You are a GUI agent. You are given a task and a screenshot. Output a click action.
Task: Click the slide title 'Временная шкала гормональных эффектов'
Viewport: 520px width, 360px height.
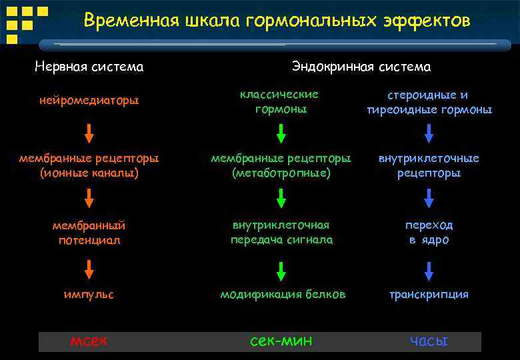(277, 21)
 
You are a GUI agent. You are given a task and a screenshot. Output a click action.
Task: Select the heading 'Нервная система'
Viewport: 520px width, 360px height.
(89, 67)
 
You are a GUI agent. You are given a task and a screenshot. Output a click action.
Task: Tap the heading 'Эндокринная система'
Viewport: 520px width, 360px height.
(361, 67)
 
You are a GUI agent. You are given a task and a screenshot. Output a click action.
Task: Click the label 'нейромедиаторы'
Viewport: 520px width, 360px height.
(89, 101)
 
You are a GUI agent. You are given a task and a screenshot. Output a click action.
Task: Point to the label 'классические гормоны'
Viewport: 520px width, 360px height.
(281, 101)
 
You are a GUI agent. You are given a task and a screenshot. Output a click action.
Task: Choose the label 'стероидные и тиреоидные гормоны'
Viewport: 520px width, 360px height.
(429, 102)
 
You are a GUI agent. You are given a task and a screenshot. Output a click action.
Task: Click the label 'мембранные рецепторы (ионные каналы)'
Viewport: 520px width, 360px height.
(89, 165)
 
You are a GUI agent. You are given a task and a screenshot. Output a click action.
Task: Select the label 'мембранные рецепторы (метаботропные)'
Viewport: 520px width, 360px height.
(281, 165)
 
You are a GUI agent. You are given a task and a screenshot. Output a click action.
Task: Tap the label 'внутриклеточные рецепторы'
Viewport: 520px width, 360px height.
(429, 165)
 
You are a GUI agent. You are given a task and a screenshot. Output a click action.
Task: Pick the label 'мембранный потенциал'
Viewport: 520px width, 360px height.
(89, 233)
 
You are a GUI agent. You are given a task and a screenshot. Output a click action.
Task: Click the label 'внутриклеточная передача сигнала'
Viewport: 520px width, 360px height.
(281, 232)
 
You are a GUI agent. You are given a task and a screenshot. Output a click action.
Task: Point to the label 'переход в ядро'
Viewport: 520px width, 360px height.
(429, 232)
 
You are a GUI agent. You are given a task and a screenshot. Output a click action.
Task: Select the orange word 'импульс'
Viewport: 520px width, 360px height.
(89, 294)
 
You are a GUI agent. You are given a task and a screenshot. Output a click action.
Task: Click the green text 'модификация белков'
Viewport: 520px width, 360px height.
(283, 294)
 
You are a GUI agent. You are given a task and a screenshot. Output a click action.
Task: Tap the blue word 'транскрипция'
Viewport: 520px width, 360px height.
(429, 294)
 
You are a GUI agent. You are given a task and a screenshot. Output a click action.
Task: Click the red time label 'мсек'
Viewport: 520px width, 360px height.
(89, 341)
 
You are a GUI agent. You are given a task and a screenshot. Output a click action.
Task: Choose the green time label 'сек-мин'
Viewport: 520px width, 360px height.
(281, 341)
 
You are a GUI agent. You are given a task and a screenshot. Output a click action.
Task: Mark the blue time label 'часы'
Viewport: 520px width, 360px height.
(429, 341)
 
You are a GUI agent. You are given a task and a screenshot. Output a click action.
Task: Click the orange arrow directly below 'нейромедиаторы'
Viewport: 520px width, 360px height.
(89, 134)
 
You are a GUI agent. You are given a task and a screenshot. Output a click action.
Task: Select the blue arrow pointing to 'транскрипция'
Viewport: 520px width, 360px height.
(429, 270)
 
